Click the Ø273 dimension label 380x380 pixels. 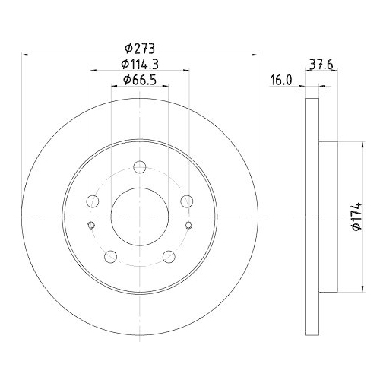[140, 49]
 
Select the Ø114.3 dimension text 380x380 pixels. [140, 65]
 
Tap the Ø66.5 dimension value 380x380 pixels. [140, 80]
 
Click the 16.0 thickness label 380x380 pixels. [281, 81]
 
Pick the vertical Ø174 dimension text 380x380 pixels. [357, 216]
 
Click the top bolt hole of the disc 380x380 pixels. [140, 166]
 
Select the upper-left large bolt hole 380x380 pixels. [93, 201]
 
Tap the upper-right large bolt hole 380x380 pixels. [187, 201]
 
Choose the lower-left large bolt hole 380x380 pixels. [110, 257]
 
